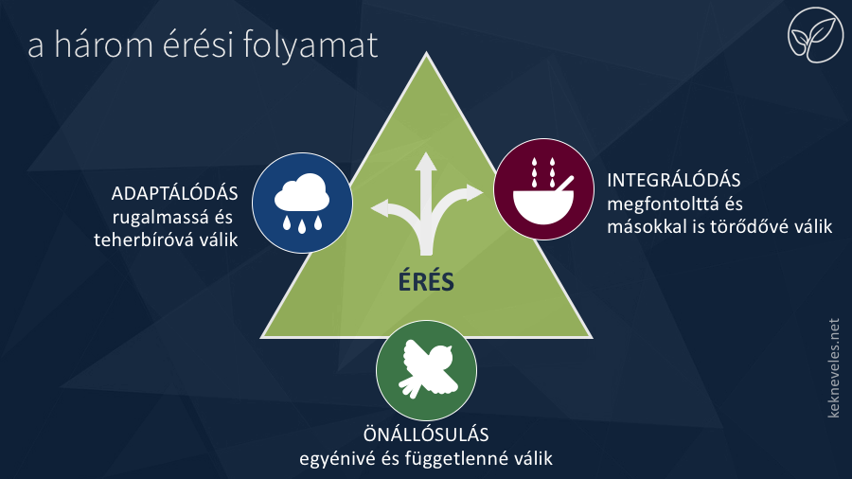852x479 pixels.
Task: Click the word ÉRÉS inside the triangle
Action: click(426, 281)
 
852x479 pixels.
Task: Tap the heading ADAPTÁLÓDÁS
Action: click(174, 193)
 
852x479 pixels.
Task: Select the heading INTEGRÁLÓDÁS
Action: click(674, 180)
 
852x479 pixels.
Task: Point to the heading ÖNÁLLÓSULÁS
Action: click(426, 435)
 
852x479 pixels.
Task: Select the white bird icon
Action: click(428, 369)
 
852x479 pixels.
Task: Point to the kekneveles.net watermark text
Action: click(833, 368)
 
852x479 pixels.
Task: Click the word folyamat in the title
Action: click(311, 45)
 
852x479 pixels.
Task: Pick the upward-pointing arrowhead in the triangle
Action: click(426, 162)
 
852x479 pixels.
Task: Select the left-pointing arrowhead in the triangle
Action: click(380, 208)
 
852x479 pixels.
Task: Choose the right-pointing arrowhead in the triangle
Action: click(473, 193)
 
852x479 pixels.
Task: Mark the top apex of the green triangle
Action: click(427, 53)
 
